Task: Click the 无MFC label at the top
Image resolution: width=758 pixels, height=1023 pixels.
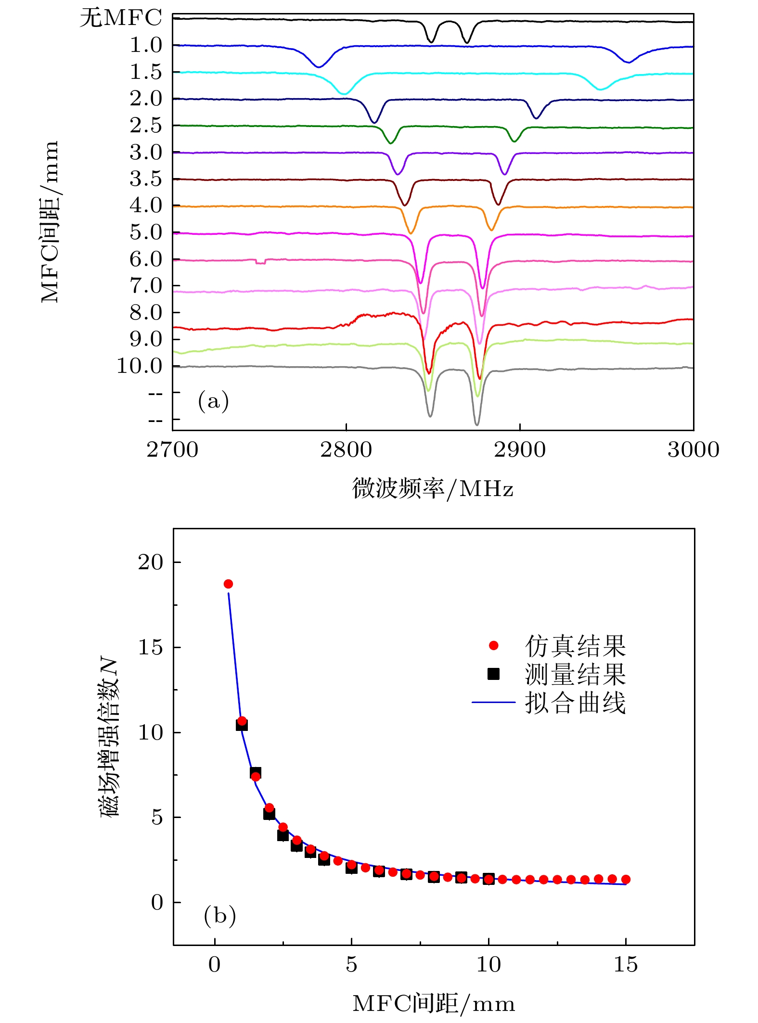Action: click(x=120, y=18)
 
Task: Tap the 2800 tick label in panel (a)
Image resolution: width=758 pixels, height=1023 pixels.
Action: click(x=346, y=450)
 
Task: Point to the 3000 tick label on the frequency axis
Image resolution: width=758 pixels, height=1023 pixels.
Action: click(x=693, y=450)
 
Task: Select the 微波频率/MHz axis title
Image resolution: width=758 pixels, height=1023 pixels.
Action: click(x=433, y=489)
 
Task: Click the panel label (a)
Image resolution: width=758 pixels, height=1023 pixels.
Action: click(x=213, y=400)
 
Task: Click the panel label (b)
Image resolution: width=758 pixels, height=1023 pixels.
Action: click(x=219, y=915)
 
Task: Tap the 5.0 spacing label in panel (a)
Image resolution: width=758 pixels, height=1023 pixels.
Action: click(x=146, y=232)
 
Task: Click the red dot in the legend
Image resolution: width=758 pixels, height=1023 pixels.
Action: click(x=493, y=646)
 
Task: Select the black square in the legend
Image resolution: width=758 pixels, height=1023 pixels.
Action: click(x=493, y=674)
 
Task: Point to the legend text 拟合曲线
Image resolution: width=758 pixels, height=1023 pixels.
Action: click(x=575, y=703)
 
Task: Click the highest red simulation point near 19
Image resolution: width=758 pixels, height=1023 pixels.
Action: click(x=228, y=584)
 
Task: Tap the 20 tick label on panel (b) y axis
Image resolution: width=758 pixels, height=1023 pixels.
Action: click(x=151, y=562)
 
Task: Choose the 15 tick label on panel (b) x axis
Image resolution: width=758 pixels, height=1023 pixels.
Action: click(x=625, y=965)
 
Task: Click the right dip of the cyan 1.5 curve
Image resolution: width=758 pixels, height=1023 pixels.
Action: click(x=600, y=89)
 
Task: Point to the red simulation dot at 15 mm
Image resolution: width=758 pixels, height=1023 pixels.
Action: click(x=626, y=880)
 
